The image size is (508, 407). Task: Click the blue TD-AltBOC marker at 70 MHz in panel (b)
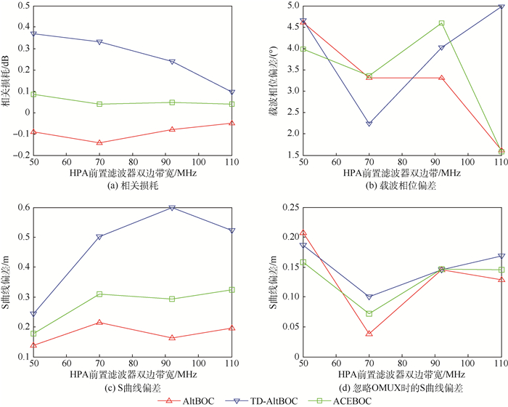pos(369,124)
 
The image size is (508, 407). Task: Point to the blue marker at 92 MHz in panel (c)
pos(172,208)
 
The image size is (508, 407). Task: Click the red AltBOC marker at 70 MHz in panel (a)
pos(99,142)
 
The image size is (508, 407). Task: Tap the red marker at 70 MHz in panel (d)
pos(369,334)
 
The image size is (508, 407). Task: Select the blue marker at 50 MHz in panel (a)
pos(33,33)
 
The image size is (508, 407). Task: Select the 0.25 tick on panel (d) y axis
pos(287,208)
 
